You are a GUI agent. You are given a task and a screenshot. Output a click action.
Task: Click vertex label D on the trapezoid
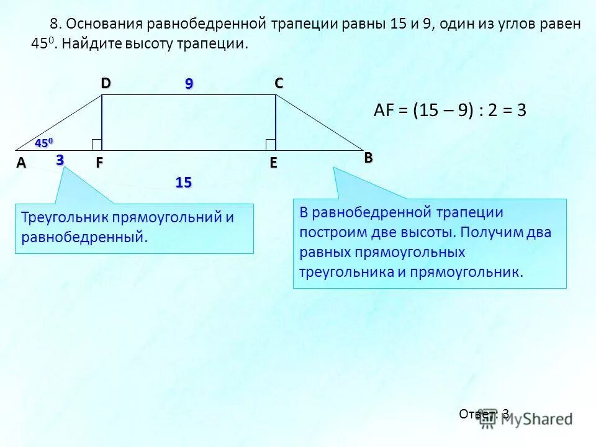[106, 84]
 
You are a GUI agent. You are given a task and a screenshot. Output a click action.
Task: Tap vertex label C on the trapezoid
[279, 84]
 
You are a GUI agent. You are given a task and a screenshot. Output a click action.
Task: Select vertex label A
[21, 163]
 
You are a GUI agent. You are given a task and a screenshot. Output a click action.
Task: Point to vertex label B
[368, 158]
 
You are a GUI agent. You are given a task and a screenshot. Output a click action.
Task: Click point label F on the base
[99, 164]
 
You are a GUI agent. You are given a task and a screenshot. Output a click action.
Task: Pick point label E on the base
[273, 164]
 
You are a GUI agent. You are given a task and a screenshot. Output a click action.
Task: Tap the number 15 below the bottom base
[183, 183]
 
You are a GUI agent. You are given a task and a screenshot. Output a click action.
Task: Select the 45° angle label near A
[45, 143]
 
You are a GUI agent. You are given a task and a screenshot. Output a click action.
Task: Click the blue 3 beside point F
[60, 160]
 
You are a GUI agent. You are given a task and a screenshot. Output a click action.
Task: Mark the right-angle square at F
[96, 145]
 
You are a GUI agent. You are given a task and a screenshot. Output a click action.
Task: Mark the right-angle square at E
[270, 145]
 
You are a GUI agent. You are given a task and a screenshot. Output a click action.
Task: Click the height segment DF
[102, 118]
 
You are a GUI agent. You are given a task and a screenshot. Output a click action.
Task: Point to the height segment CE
[275, 118]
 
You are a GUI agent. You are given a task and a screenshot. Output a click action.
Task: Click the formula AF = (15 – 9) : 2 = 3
[450, 111]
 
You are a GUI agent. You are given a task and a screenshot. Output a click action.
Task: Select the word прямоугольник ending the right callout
[482, 272]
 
